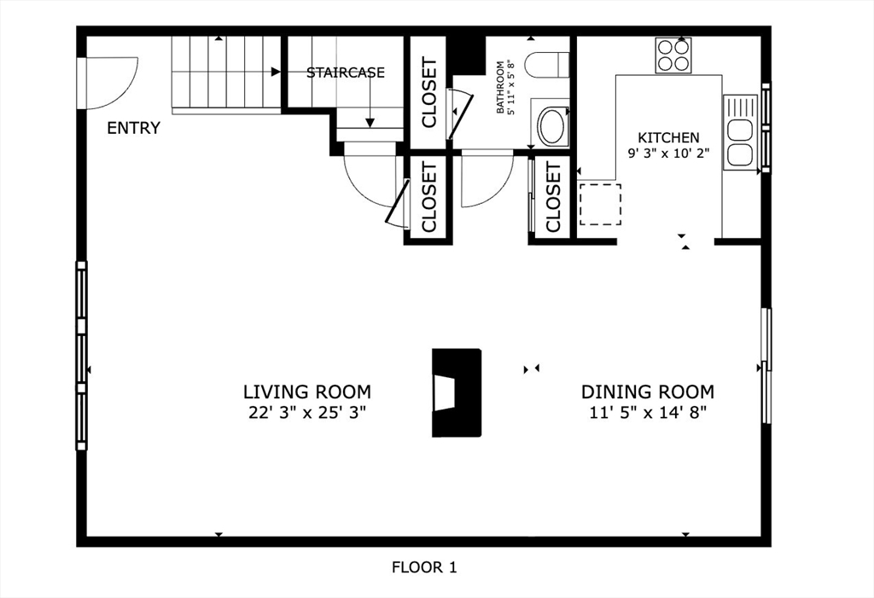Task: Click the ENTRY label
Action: [x=133, y=128]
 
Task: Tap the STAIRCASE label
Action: [x=346, y=73]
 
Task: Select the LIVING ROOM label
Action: [x=307, y=392]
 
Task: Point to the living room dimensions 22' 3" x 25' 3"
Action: [x=307, y=413]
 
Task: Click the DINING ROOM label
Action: [x=648, y=392]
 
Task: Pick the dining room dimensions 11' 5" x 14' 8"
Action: [x=648, y=413]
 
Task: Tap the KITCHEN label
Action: [x=668, y=137]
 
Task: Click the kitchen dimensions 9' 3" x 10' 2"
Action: [x=668, y=154]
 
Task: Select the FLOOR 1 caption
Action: [x=424, y=568]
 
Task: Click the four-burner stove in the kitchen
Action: [x=673, y=55]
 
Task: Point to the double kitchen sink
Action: [x=740, y=132]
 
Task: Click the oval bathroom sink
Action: [x=552, y=127]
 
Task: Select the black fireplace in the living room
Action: [x=457, y=393]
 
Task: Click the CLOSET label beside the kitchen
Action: [x=553, y=197]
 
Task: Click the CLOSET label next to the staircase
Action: [x=430, y=92]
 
